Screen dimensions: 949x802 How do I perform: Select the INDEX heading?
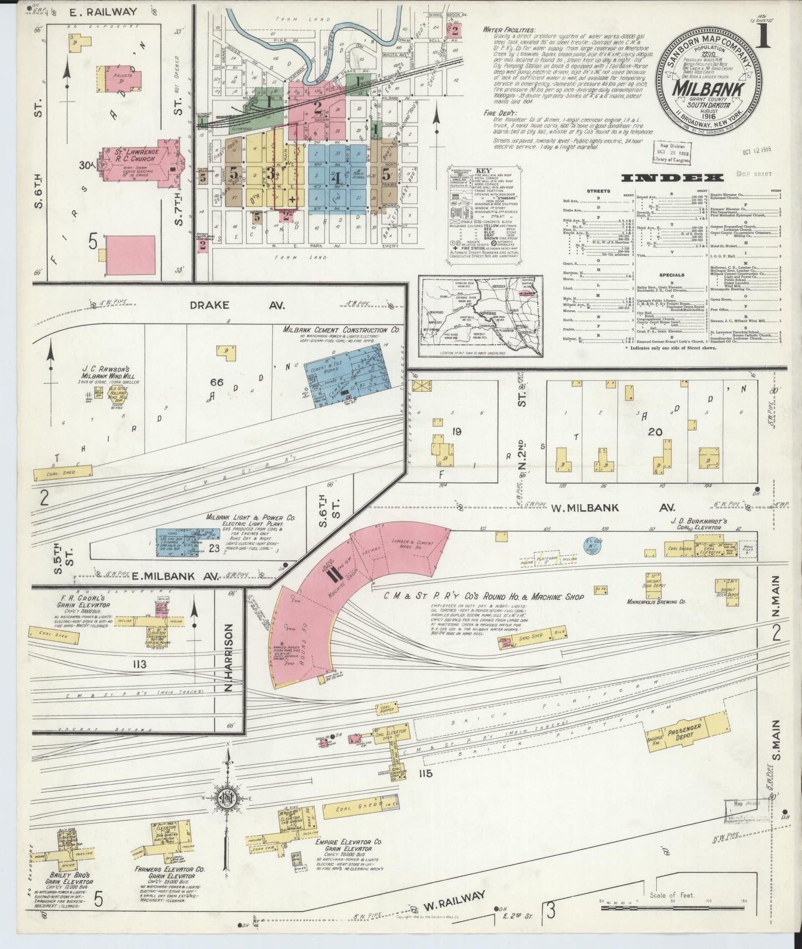[x=672, y=178]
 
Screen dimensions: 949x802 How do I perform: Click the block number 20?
[x=655, y=431]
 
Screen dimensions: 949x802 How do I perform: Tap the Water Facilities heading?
[x=510, y=29]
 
